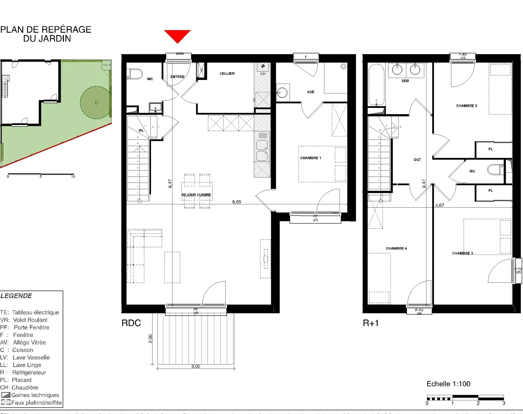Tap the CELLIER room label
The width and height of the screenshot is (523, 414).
pos(227,74)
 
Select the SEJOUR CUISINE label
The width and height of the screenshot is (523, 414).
pos(196,195)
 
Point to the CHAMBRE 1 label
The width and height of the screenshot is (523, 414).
pos(310,158)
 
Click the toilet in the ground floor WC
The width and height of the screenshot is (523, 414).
pos(136,74)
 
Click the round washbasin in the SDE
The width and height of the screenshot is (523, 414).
pos(282,92)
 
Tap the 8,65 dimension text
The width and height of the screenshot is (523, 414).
pos(236,202)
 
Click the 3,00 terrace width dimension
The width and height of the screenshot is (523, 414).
pos(196,366)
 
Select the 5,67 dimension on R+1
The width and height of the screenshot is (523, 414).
pos(439,205)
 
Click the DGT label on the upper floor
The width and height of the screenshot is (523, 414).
pos(417,160)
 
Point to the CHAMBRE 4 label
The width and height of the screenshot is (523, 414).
pos(396,248)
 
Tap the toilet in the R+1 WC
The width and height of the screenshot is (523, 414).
pos(495,170)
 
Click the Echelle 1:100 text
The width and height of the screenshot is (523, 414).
pos(448,384)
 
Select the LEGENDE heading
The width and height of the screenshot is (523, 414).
pos(16,296)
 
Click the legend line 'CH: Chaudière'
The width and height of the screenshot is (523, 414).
pos(19,387)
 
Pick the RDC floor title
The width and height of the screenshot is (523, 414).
pos(131,323)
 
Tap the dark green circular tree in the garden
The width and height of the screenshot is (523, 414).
pos(96,102)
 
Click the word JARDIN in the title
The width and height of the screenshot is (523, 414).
pos(55,39)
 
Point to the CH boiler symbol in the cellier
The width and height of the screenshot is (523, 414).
pos(263,66)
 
